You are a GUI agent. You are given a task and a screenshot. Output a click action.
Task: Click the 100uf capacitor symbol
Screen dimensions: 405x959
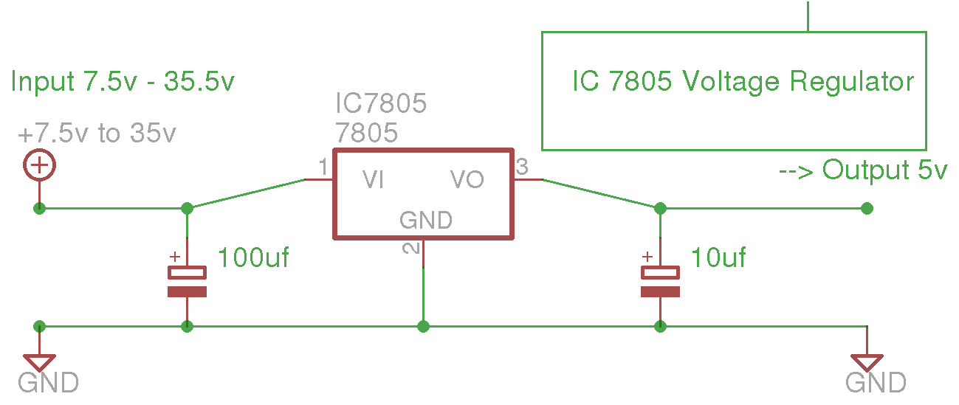[187, 281]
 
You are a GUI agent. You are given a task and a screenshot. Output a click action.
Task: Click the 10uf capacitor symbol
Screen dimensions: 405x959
[660, 281]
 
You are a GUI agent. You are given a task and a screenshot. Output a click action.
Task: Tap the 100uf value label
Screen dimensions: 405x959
[253, 258]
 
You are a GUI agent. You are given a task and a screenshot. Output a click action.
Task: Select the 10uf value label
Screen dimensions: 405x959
[718, 258]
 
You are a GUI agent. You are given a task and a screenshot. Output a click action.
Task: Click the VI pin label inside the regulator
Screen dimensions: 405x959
[373, 180]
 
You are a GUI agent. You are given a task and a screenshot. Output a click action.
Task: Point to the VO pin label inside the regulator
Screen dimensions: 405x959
[467, 180]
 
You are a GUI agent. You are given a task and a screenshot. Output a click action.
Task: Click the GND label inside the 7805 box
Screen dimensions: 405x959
[425, 220]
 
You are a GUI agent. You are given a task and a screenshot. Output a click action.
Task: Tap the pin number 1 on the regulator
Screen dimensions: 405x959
[323, 168]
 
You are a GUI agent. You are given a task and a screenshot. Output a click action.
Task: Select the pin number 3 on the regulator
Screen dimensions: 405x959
[521, 168]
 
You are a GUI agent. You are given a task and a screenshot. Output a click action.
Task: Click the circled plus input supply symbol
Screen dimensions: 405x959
[39, 165]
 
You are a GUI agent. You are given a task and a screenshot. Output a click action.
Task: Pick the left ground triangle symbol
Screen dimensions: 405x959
[39, 362]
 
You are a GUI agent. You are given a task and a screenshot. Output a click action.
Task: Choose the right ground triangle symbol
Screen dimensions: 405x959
[867, 362]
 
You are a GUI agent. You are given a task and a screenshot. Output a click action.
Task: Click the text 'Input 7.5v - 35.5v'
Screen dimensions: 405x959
[123, 81]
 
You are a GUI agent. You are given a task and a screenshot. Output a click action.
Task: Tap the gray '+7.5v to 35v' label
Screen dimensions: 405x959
[97, 134]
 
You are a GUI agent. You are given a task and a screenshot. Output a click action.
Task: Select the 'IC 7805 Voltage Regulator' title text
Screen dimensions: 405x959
[743, 81]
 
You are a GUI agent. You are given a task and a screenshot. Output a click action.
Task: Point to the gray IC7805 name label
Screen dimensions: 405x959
[381, 103]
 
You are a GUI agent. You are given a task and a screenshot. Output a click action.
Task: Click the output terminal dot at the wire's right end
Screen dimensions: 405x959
[867, 208]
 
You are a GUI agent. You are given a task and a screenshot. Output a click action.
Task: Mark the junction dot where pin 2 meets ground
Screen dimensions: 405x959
[423, 326]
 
